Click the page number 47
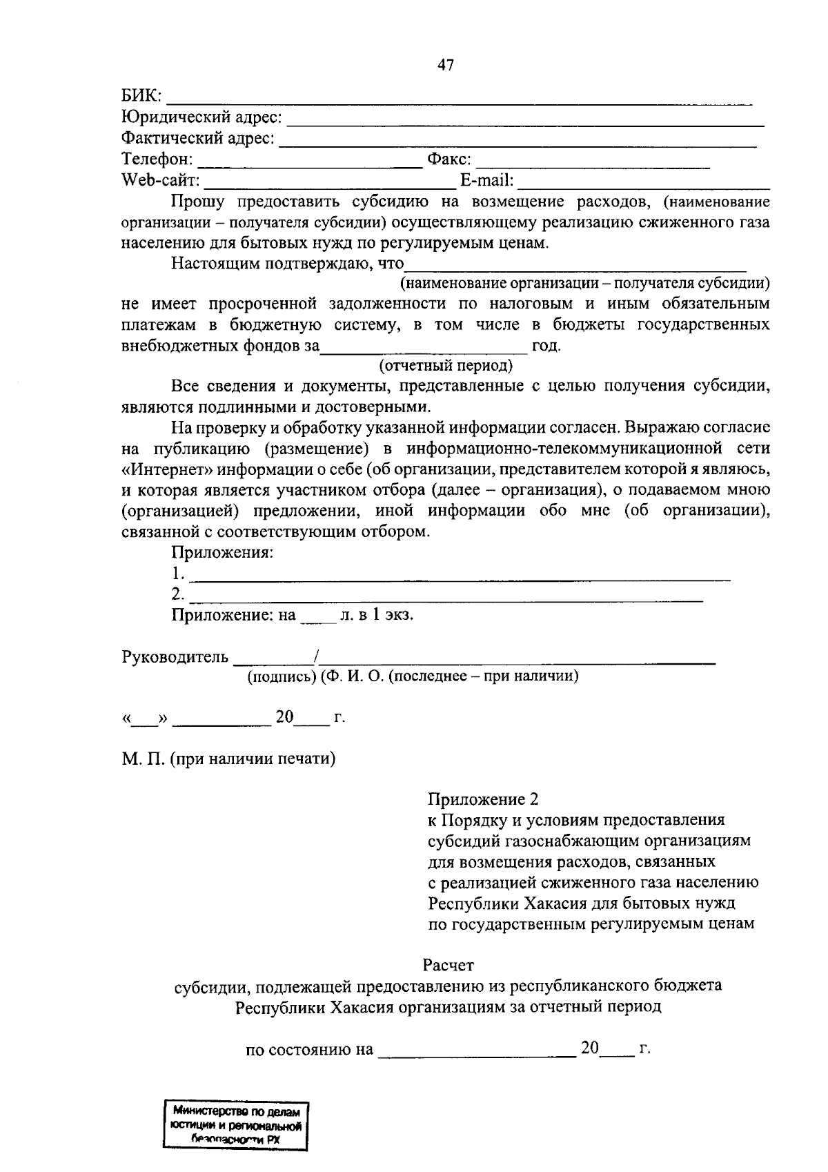(445, 66)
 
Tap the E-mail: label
(487, 181)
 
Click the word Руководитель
(175, 656)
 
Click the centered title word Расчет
(448, 964)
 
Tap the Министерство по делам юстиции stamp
(235, 1126)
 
